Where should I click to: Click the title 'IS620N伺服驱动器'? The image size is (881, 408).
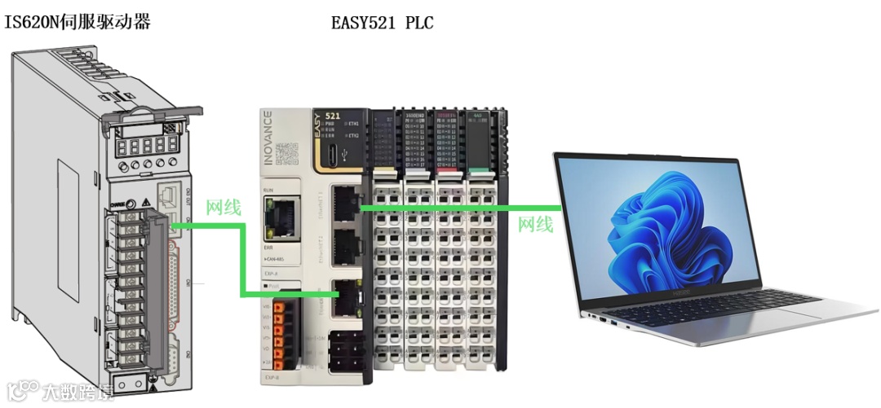click(x=78, y=22)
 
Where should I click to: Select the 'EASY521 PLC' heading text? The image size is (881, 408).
click(x=382, y=23)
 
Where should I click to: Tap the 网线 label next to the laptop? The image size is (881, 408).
click(x=536, y=224)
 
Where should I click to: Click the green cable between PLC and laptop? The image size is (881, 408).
click(x=457, y=208)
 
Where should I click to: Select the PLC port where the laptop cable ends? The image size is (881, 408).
click(x=346, y=202)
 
